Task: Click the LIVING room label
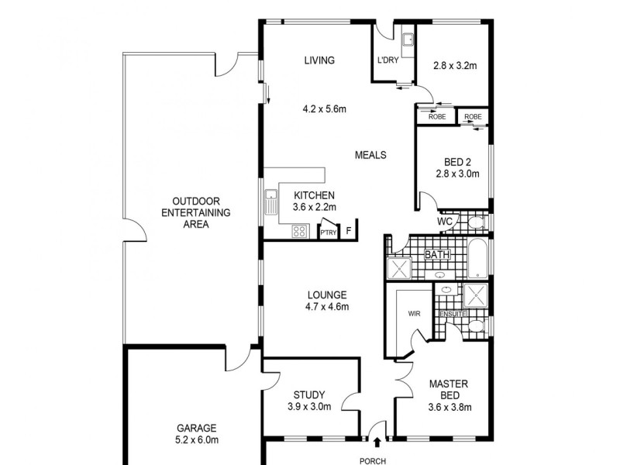tap(319, 60)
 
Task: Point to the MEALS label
tap(370, 155)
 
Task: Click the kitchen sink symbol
tap(270, 204)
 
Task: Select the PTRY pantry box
tap(329, 232)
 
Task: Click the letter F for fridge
tap(350, 231)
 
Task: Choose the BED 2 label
tap(457, 162)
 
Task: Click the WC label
tap(445, 222)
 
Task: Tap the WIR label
tap(413, 315)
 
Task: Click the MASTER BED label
tap(449, 388)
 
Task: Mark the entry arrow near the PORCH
tap(377, 443)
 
